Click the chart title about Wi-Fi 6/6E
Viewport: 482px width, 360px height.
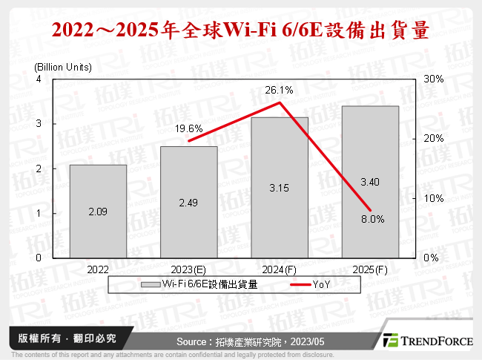pos(241,30)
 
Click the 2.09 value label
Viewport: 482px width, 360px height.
pos(98,212)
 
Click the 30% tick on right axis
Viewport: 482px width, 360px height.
pos(434,79)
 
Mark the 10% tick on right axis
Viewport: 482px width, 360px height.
pos(434,198)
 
